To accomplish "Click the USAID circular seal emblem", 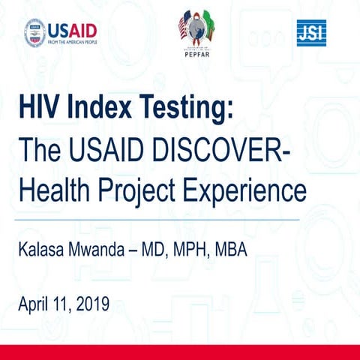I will [x=35, y=32].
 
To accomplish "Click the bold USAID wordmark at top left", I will [x=73, y=29].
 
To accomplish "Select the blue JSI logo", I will [x=311, y=32].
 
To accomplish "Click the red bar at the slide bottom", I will [x=180, y=352].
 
